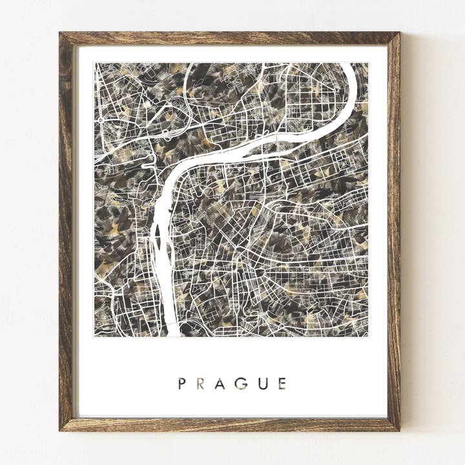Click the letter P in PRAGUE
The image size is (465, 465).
[x=182, y=384]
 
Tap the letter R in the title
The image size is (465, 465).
[x=201, y=384]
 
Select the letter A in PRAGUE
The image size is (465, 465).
[x=220, y=384]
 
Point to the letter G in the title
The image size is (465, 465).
[x=241, y=384]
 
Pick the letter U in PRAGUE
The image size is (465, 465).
[x=262, y=384]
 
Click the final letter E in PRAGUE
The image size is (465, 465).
[x=282, y=384]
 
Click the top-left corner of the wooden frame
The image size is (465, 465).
[x=60, y=33]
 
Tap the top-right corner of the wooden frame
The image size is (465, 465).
[x=399, y=33]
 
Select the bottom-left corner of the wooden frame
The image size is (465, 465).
[x=60, y=430]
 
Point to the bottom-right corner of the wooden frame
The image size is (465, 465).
[x=399, y=430]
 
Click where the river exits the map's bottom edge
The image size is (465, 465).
[x=172, y=335]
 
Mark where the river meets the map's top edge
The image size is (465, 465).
[x=349, y=64]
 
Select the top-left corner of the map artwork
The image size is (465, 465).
[x=94, y=63]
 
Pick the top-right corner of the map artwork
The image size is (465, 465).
[x=368, y=63]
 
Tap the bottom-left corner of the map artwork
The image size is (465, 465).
[x=94, y=336]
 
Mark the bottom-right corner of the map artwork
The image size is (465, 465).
[x=368, y=336]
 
